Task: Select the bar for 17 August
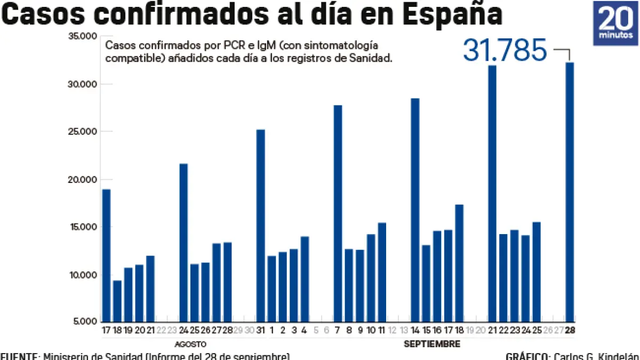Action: [106, 255]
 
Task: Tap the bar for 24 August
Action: [183, 243]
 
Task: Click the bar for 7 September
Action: [338, 213]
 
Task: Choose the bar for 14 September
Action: [415, 210]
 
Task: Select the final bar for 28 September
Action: [570, 192]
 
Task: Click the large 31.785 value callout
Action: [505, 51]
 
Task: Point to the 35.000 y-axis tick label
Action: [82, 36]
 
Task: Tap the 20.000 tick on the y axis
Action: [82, 180]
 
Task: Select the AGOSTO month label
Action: [190, 344]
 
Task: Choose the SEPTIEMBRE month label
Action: [431, 344]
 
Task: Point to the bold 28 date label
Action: [570, 331]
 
